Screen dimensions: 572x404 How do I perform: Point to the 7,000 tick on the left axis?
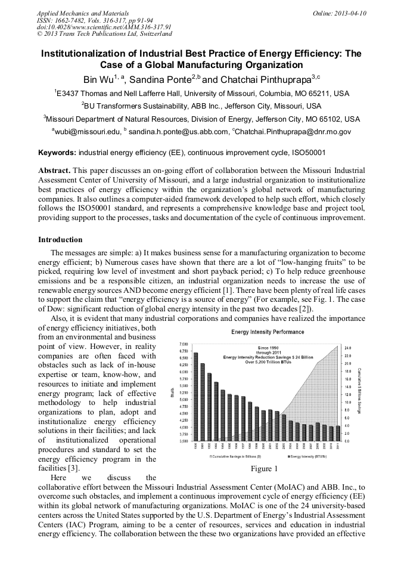click(184, 345)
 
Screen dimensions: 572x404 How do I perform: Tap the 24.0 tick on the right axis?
click(349, 348)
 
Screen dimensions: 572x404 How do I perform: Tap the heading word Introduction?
click(60, 240)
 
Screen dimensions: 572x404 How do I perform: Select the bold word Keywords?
click(57, 153)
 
